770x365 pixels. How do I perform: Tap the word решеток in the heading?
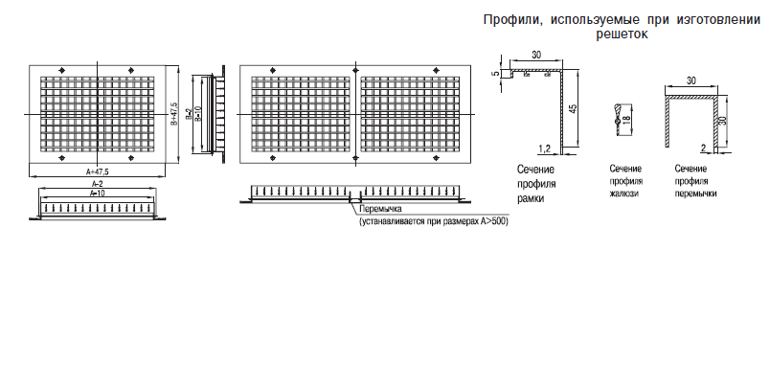[x=623, y=34]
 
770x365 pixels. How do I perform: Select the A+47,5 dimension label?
[x=98, y=171]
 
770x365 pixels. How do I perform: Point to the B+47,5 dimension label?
[x=174, y=114]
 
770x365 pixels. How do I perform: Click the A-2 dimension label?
[x=98, y=183]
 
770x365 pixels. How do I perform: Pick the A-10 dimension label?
[x=98, y=194]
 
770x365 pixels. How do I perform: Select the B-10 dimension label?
[x=197, y=114]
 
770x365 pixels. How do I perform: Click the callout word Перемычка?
[x=380, y=209]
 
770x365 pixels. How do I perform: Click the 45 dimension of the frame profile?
[x=573, y=108]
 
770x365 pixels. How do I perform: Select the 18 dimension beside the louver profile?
[x=626, y=121]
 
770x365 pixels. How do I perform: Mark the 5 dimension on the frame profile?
[x=496, y=73]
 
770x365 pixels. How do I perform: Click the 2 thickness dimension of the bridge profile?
[x=703, y=147]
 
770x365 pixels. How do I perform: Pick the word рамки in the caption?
[x=531, y=199]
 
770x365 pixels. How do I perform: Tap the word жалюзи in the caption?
[x=624, y=194]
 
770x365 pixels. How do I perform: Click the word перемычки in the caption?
[x=695, y=194]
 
